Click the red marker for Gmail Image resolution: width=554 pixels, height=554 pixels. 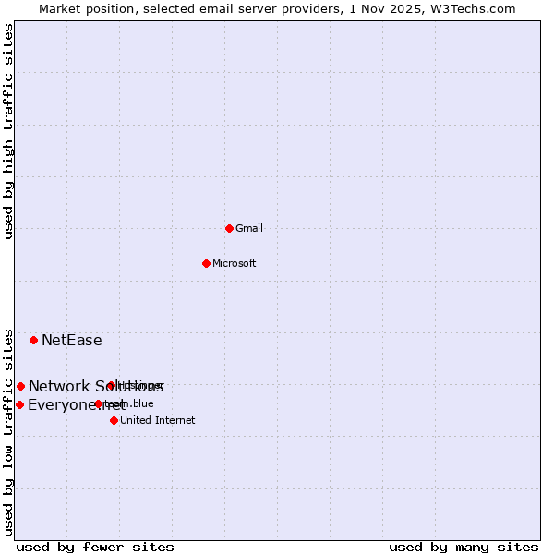229,228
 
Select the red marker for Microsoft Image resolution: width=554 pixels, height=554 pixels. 207,263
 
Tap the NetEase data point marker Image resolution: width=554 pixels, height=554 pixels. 34,340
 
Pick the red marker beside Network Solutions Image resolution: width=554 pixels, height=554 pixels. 20,386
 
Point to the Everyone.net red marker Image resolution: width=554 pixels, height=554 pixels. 19,404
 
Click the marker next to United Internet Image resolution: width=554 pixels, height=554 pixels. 114,420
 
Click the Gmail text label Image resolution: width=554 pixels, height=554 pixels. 249,228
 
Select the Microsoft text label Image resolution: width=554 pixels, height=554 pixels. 234,263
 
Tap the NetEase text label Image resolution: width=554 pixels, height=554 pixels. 71,340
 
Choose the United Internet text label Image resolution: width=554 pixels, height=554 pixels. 157,420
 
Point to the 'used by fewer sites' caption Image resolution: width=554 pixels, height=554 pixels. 95,547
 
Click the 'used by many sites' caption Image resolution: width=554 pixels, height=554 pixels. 464,547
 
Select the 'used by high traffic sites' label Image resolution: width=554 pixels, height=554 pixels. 9,131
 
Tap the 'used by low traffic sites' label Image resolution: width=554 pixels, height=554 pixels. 9,431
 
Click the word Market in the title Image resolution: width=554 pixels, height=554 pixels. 59,8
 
